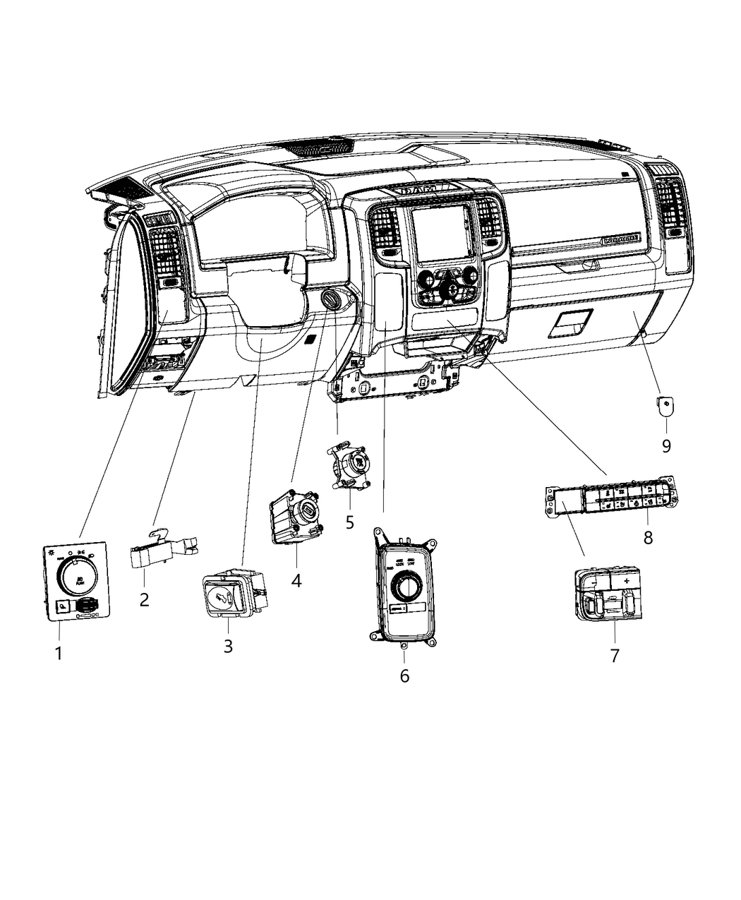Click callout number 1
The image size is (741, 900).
(x=59, y=654)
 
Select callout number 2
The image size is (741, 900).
(x=144, y=600)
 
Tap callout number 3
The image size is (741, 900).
(x=228, y=645)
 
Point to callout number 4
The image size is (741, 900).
(x=296, y=580)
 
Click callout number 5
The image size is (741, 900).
(x=350, y=522)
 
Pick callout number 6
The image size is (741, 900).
(x=404, y=676)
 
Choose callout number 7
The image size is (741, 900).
(x=615, y=655)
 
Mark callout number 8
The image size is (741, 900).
(x=648, y=537)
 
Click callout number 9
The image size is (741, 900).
(x=666, y=446)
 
